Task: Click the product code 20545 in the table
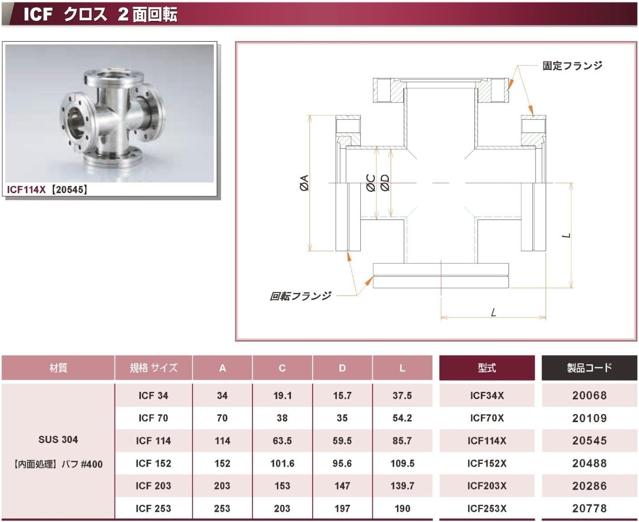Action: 589,440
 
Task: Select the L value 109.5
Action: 402,463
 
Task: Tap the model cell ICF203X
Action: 487,486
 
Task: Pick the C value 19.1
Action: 282,395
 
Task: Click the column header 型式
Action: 487,368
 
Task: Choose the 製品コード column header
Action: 589,368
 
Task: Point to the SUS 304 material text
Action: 58,439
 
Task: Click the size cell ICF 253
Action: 153,508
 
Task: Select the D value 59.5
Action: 342,440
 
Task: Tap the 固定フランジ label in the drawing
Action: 572,65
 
